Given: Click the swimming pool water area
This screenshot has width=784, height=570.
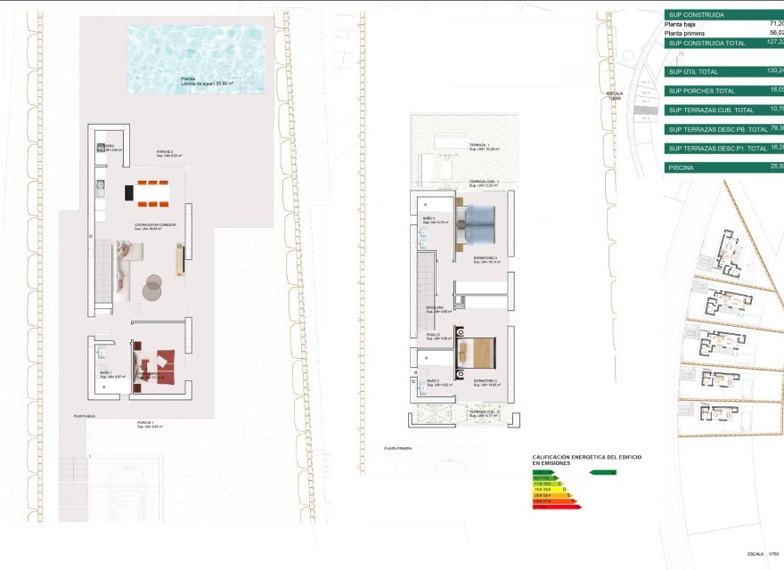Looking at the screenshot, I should click(195, 59).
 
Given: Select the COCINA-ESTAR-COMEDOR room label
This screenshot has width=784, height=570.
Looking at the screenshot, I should click(155, 226).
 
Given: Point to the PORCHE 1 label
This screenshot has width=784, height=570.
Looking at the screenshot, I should click(146, 424).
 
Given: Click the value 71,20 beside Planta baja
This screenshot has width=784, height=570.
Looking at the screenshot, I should click(775, 25).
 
